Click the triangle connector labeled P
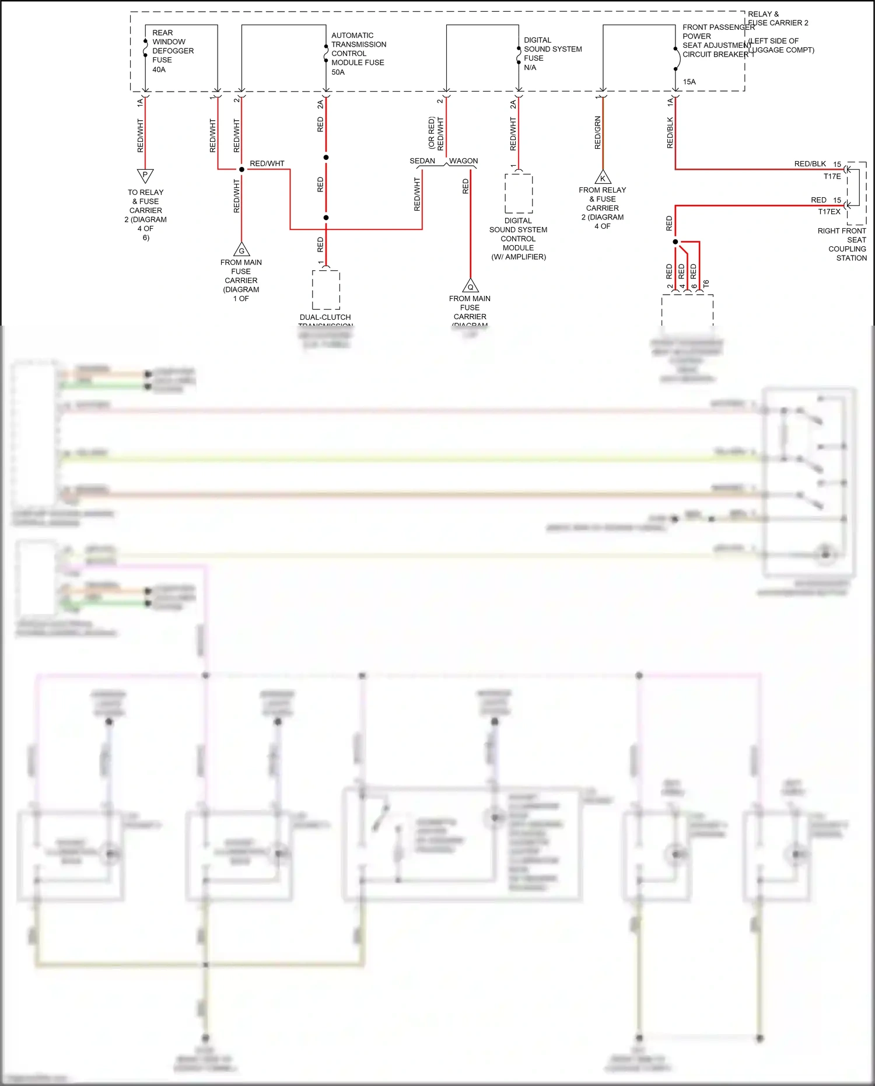tap(145, 175)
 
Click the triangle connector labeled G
tap(242, 250)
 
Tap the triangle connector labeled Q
tap(470, 286)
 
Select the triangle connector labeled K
tap(603, 178)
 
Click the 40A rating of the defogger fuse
tap(159, 69)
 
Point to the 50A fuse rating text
tap(338, 72)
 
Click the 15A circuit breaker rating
tap(689, 82)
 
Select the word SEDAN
tap(422, 161)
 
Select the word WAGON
tap(463, 161)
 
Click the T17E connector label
tap(832, 176)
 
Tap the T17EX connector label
tap(829, 212)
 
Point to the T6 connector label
tap(706, 284)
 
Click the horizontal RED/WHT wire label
tap(267, 163)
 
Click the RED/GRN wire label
tap(597, 133)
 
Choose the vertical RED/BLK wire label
tap(670, 133)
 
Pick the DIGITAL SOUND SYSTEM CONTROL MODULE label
tap(518, 239)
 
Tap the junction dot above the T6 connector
tap(675, 242)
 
